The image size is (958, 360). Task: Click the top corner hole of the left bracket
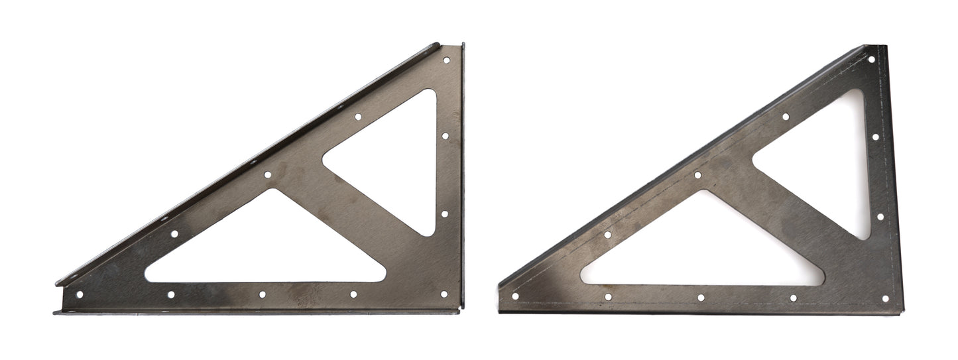[446, 60]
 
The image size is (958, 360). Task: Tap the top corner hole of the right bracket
[871, 59]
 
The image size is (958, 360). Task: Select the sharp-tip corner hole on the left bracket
[80, 294]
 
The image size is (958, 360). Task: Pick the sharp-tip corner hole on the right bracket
[514, 296]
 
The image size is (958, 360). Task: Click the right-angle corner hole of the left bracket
[444, 294]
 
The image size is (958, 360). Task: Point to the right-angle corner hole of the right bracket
[885, 298]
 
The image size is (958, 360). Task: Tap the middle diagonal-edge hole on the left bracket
[268, 175]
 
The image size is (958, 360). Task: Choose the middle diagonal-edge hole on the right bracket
[697, 175]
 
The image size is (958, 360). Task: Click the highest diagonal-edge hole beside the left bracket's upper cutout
[358, 117]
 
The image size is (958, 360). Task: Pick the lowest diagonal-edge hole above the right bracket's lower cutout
[607, 235]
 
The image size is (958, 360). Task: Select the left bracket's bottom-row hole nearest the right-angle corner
[353, 294]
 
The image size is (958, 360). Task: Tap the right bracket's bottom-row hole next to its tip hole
[607, 297]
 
